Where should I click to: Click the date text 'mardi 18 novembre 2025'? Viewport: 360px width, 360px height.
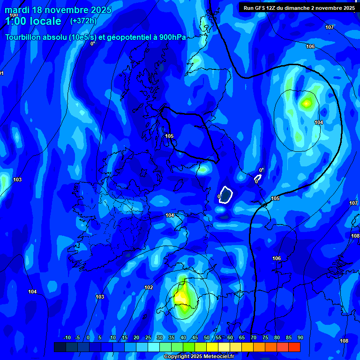(x=58, y=10)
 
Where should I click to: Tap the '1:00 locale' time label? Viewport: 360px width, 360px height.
(x=33, y=21)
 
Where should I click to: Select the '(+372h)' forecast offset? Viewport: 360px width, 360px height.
(x=83, y=21)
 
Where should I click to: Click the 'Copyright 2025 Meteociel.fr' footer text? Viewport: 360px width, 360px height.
(x=198, y=356)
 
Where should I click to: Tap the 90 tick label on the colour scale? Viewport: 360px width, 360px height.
(x=300, y=337)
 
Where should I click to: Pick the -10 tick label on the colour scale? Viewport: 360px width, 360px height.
(x=67, y=337)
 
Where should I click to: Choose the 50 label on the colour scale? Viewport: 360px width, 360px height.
(x=207, y=337)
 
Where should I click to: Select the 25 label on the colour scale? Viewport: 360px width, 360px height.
(x=148, y=337)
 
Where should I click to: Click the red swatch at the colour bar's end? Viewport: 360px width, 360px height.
(x=294, y=347)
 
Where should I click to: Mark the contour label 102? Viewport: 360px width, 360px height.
(x=149, y=287)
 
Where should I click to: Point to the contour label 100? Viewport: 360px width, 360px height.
(x=14, y=15)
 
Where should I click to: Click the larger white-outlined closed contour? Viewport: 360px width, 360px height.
(x=226, y=195)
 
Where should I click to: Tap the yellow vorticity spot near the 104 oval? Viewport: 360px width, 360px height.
(x=307, y=103)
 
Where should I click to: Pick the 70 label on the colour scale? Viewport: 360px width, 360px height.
(x=254, y=337)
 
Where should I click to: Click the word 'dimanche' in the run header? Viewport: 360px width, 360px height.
(x=305, y=8)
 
